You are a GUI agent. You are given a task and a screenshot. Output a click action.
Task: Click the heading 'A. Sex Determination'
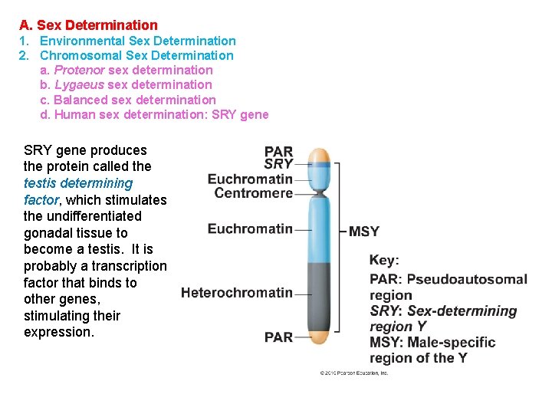tap(88, 25)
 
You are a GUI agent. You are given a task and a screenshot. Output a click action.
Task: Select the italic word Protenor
tap(80, 70)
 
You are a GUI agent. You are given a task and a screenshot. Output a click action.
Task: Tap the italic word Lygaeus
tap(80, 84)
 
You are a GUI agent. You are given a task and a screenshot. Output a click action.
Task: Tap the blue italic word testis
tap(40, 183)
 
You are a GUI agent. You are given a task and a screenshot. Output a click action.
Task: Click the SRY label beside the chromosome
tap(278, 164)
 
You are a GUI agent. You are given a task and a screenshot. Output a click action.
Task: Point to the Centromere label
tap(254, 193)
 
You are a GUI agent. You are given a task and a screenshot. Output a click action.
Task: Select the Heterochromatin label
tap(237, 292)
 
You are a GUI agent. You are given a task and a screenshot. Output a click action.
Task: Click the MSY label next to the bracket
tap(364, 232)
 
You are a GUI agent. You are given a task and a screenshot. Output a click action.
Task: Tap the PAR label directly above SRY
tap(279, 152)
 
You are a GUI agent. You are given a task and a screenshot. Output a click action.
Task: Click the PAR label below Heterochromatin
tap(278, 337)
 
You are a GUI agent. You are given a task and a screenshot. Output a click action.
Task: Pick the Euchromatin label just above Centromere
tap(250, 179)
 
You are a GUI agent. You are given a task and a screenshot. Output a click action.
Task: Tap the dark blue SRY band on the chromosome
tap(318, 165)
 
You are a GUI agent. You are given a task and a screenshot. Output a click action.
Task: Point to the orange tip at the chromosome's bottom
tap(318, 337)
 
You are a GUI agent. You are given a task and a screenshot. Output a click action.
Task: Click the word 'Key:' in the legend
tap(384, 260)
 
